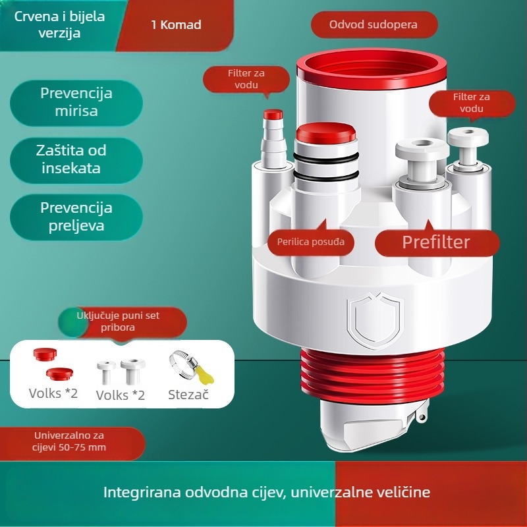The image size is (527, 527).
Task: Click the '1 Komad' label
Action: [x=176, y=25]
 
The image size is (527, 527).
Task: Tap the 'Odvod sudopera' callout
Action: [x=374, y=24]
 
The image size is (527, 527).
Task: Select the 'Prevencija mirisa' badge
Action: [x=76, y=102]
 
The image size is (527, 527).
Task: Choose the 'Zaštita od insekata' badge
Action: [x=76, y=159]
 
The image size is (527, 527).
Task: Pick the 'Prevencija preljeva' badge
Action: [x=76, y=217]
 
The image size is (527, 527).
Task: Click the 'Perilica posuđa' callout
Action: [x=311, y=241]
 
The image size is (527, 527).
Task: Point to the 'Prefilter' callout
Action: [x=436, y=242]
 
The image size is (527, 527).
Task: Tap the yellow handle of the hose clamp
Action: [x=204, y=375]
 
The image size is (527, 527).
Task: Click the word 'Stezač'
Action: [x=188, y=394]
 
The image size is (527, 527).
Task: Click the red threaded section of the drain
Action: [x=372, y=374]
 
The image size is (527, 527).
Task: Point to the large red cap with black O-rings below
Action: [x=326, y=132]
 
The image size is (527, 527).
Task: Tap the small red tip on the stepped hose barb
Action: [x=273, y=114]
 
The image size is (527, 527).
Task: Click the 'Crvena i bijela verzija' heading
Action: [x=59, y=24]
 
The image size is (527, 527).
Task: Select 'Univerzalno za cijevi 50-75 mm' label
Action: [x=69, y=441]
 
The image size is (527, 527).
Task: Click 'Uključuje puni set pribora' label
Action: [x=118, y=321]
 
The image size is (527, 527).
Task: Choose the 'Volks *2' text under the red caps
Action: [x=53, y=393]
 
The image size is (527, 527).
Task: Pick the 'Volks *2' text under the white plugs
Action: [x=121, y=395]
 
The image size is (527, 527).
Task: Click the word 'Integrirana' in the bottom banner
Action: [x=142, y=492]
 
